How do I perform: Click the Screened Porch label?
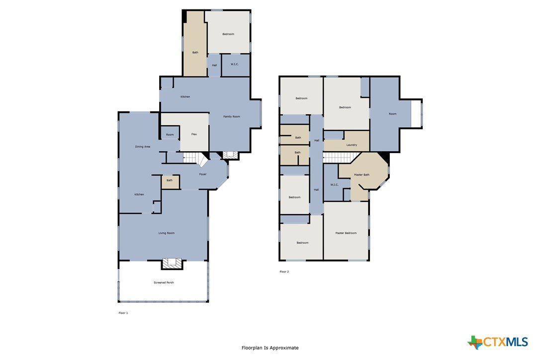164,282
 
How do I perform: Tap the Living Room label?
167,233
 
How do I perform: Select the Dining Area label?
143,147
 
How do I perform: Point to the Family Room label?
232,116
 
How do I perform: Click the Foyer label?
203,175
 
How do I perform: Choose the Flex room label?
194,134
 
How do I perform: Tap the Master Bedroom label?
346,233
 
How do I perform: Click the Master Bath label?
361,175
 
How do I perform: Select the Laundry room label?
352,145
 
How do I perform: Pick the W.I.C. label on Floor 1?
235,64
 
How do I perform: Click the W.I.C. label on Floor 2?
335,184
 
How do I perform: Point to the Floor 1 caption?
123,313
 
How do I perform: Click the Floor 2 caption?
284,271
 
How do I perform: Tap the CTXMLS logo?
498,342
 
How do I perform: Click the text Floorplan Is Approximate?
270,348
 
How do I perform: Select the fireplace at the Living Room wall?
172,264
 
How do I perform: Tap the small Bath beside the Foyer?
170,182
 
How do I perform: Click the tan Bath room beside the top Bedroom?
195,44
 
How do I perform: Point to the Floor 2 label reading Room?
393,114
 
